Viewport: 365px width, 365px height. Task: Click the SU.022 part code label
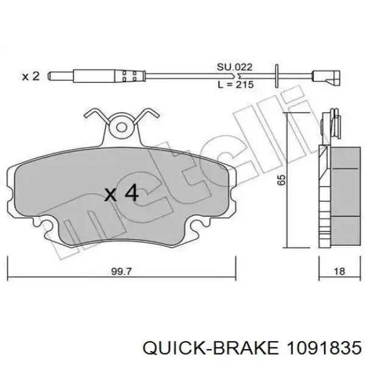(x=234, y=68)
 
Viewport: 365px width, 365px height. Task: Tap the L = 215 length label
(x=235, y=85)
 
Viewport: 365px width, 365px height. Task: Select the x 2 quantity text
(x=31, y=77)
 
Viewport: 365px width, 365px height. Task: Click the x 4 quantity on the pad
(x=121, y=193)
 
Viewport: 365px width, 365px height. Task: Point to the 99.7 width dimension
(x=122, y=271)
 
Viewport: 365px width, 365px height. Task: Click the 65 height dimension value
(x=282, y=179)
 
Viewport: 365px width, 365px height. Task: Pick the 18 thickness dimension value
(x=339, y=271)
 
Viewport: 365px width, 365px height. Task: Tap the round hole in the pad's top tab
(x=122, y=128)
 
